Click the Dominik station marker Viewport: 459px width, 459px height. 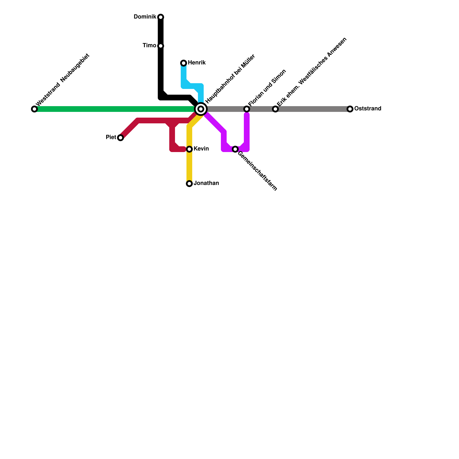161,17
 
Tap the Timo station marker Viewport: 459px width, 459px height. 161,46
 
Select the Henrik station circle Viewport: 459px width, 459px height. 184,63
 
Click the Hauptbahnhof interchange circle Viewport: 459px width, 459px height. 201,109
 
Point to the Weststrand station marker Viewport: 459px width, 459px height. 34,109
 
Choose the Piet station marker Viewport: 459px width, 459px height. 120,138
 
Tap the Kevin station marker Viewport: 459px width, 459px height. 189,149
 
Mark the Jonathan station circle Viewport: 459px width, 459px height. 189,184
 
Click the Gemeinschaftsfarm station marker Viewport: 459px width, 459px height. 235,149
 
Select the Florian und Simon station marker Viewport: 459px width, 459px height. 247,109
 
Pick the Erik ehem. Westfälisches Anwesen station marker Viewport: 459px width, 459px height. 275,109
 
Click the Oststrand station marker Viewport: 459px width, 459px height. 350,109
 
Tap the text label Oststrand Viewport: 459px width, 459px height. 367,109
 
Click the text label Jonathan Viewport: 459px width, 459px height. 206,183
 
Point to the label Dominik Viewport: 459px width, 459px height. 145,17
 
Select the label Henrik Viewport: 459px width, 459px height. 197,63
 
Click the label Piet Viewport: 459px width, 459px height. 111,137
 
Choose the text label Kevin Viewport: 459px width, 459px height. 201,149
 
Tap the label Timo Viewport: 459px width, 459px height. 149,46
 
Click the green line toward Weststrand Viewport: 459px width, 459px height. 115,109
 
